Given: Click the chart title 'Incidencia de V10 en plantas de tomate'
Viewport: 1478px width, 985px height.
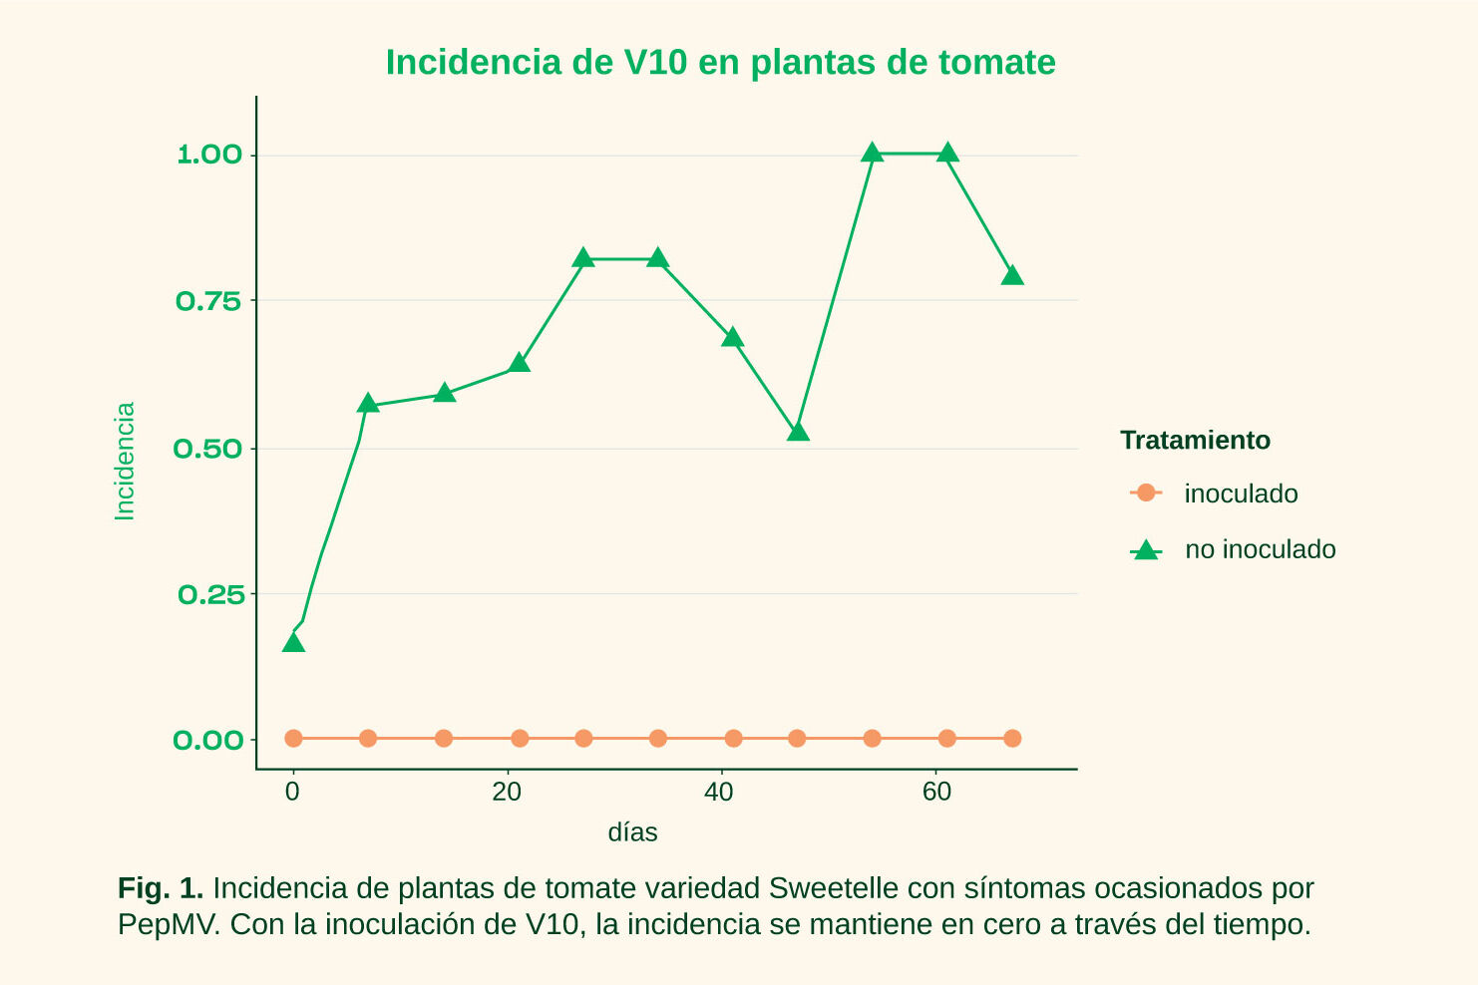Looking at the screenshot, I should (x=720, y=62).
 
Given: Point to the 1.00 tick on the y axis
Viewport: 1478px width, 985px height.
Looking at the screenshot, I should (x=209, y=155).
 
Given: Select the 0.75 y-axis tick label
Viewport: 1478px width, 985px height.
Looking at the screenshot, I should (x=209, y=301).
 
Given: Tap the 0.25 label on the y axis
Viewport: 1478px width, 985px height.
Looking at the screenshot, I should (x=210, y=595).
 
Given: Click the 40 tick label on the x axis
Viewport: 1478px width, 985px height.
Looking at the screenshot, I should (x=719, y=793).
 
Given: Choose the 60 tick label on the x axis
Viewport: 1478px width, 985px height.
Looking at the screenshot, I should (x=936, y=793).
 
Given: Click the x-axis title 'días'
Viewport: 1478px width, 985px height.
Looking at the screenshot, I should (x=632, y=832).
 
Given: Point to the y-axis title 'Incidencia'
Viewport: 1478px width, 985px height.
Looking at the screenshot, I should (x=125, y=461).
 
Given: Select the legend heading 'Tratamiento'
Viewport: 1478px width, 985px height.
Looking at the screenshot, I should (x=1195, y=440).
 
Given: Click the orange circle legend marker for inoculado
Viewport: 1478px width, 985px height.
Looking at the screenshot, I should (x=1146, y=492).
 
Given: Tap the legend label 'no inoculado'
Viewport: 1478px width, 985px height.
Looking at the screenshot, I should (x=1260, y=549).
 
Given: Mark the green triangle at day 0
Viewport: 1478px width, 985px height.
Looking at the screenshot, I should (x=293, y=643).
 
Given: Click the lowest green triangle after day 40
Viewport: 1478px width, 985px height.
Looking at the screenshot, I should (x=798, y=432).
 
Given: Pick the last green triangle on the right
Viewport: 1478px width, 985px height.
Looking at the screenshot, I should (x=1012, y=275).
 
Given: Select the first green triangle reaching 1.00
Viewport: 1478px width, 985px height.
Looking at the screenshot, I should (x=873, y=153).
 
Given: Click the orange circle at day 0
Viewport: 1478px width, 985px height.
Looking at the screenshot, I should (x=293, y=739).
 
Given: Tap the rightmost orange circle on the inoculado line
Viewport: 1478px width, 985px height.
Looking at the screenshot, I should (x=1012, y=739).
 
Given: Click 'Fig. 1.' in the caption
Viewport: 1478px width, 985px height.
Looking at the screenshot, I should (x=160, y=888).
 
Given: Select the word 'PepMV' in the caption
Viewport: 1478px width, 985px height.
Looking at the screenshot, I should (x=167, y=924).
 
